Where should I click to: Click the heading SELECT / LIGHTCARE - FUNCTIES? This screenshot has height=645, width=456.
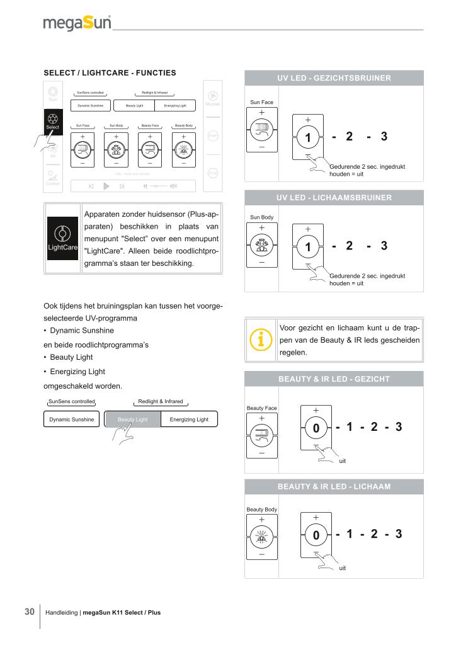[x=109, y=73]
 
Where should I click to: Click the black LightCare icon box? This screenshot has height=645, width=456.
[x=62, y=239]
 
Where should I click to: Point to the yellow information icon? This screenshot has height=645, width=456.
[x=259, y=340]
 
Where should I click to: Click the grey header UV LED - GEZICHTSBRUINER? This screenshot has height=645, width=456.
[x=334, y=78]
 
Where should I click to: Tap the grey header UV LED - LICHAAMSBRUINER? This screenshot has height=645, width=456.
[x=334, y=197]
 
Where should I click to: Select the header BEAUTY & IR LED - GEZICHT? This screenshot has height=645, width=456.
[x=334, y=379]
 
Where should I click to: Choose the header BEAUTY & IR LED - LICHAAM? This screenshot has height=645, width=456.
[x=334, y=487]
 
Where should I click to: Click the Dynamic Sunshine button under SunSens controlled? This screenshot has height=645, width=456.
[x=72, y=420]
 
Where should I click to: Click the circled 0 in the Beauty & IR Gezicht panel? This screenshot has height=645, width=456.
[x=316, y=428]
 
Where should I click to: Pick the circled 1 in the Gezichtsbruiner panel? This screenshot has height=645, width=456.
[x=309, y=137]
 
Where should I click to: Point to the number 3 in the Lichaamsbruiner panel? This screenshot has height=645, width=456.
[x=384, y=246]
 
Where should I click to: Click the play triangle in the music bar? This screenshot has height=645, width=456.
[x=106, y=186]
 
